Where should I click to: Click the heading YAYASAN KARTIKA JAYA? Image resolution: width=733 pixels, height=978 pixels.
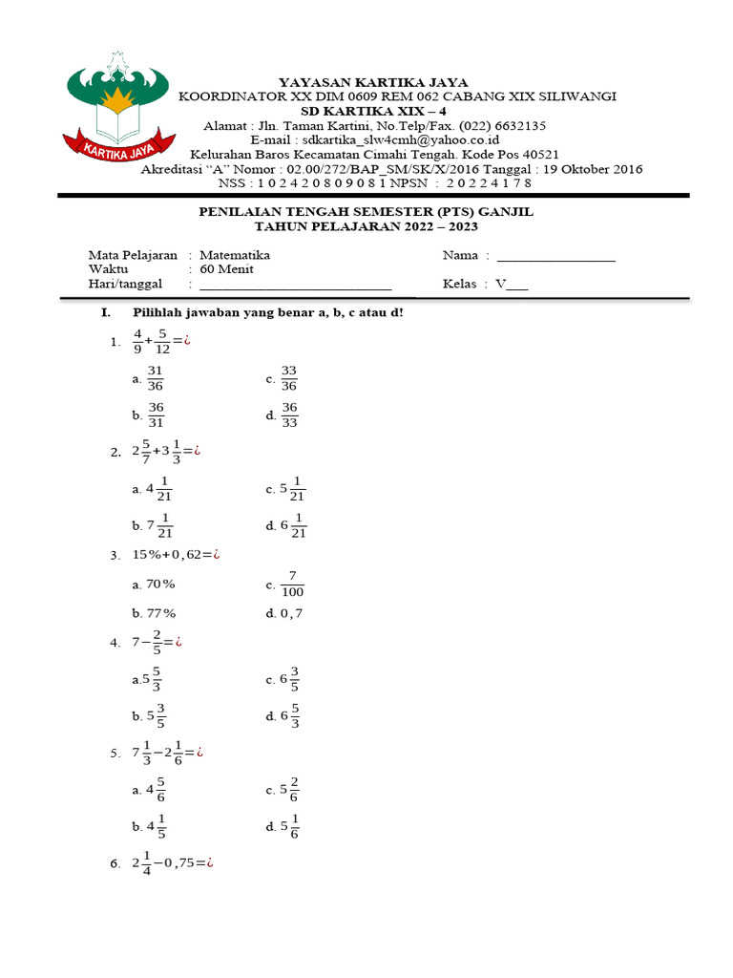pos(372,82)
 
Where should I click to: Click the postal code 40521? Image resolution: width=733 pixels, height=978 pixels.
pos(539,154)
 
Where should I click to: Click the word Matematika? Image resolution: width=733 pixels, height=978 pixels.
pos(235,255)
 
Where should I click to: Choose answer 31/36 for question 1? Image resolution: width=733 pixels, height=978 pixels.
pos(156,378)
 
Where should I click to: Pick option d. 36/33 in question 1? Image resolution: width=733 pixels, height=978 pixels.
pos(289,415)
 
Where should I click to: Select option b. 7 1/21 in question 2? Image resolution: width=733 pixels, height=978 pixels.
pos(158,525)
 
